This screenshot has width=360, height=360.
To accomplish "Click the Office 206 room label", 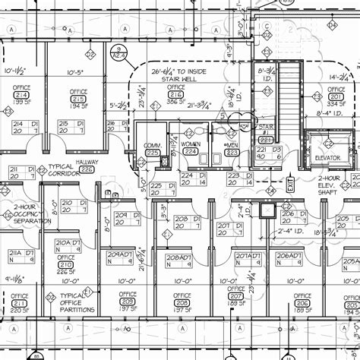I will (x=302, y=301).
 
